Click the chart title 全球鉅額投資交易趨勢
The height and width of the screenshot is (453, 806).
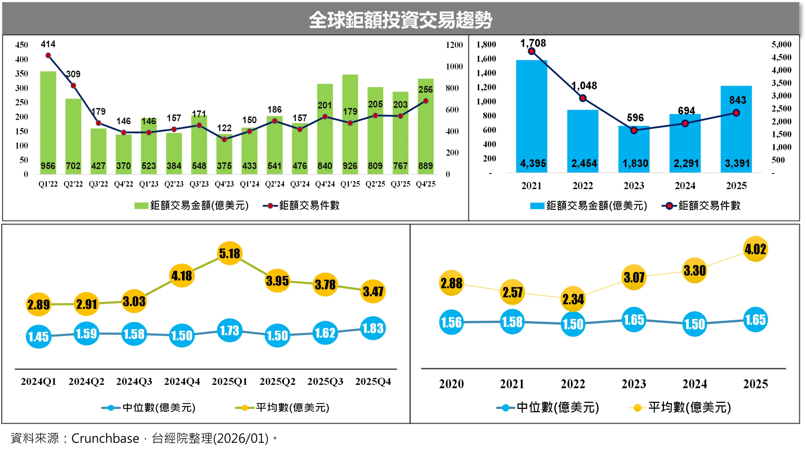click(400, 20)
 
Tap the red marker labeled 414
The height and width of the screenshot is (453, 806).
click(48, 55)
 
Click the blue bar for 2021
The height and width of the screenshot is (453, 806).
click(531, 116)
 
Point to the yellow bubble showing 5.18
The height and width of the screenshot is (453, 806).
click(230, 253)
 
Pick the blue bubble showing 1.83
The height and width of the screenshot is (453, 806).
click(373, 328)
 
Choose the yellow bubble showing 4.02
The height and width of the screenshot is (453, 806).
click(755, 249)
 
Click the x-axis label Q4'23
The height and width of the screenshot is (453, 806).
click(224, 184)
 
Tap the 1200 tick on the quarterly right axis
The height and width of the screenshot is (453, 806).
click(454, 45)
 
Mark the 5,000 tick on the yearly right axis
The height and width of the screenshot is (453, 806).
click(781, 44)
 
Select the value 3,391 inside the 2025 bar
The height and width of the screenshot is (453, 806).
click(737, 163)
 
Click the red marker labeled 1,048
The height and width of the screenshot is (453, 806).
click(583, 98)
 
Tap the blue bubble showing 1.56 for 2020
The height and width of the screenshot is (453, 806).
click(451, 322)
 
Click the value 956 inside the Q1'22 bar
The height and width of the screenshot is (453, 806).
click(48, 166)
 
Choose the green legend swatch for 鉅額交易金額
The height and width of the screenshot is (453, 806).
click(141, 206)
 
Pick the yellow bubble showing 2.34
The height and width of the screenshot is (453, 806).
click(573, 299)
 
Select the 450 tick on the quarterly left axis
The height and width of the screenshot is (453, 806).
click(22, 45)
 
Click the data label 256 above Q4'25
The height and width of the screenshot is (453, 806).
click(425, 89)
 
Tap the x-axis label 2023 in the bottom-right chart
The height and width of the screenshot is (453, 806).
click(634, 384)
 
